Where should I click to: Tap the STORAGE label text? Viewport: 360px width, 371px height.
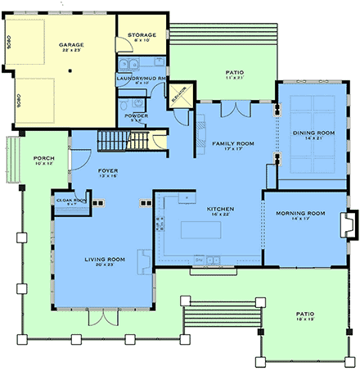coord(140,35)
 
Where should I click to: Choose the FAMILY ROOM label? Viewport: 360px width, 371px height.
coord(232,144)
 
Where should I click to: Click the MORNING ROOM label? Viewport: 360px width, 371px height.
coord(299,214)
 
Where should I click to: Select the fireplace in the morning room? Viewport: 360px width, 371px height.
coord(349,223)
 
